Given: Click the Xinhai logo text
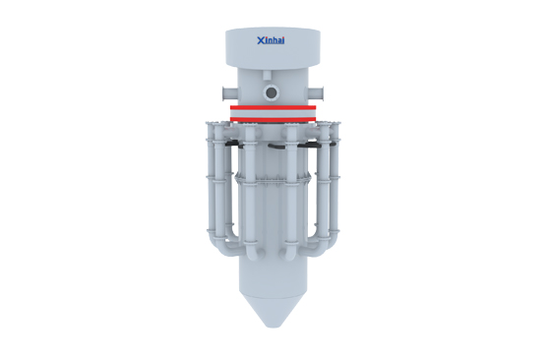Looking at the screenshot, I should tap(271, 40).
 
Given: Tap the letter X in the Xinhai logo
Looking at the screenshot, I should tap(259, 40).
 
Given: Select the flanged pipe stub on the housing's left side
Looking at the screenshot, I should tap(224, 95).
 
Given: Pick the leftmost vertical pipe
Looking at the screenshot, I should tap(209, 177).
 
